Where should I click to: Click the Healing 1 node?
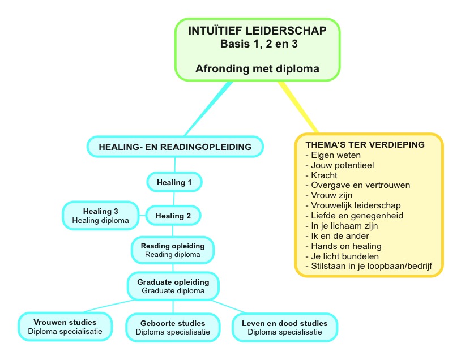click(174, 182)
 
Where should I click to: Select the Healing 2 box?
click(173, 216)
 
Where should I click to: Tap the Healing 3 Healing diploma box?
click(101, 216)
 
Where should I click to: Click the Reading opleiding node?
click(173, 250)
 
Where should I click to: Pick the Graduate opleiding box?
click(173, 286)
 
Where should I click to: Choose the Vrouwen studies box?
click(65, 327)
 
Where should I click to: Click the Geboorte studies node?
click(173, 327)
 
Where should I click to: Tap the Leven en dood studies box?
click(285, 327)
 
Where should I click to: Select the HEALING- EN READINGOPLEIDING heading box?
click(175, 147)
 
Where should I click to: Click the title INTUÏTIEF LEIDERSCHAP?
click(257, 31)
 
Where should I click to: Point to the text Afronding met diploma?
click(257, 68)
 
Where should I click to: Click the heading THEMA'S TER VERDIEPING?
click(365, 144)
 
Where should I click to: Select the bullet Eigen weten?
click(333, 155)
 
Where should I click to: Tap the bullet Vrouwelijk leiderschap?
click(353, 205)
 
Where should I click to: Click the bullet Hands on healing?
click(344, 246)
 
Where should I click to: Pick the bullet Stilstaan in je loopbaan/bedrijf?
click(369, 266)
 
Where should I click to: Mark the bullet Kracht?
click(321, 175)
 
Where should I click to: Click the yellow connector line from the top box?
click(298, 107)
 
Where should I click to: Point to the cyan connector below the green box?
click(209, 109)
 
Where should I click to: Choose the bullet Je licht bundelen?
click(342, 256)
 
